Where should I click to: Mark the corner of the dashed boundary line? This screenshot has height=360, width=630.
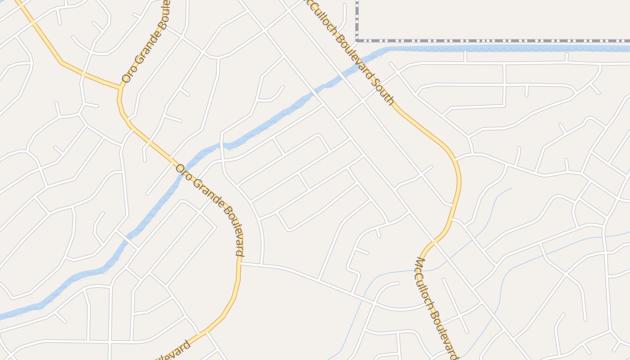(357, 40)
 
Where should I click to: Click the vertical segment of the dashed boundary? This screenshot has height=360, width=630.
(357, 20)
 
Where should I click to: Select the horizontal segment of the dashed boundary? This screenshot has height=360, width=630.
(495, 40)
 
